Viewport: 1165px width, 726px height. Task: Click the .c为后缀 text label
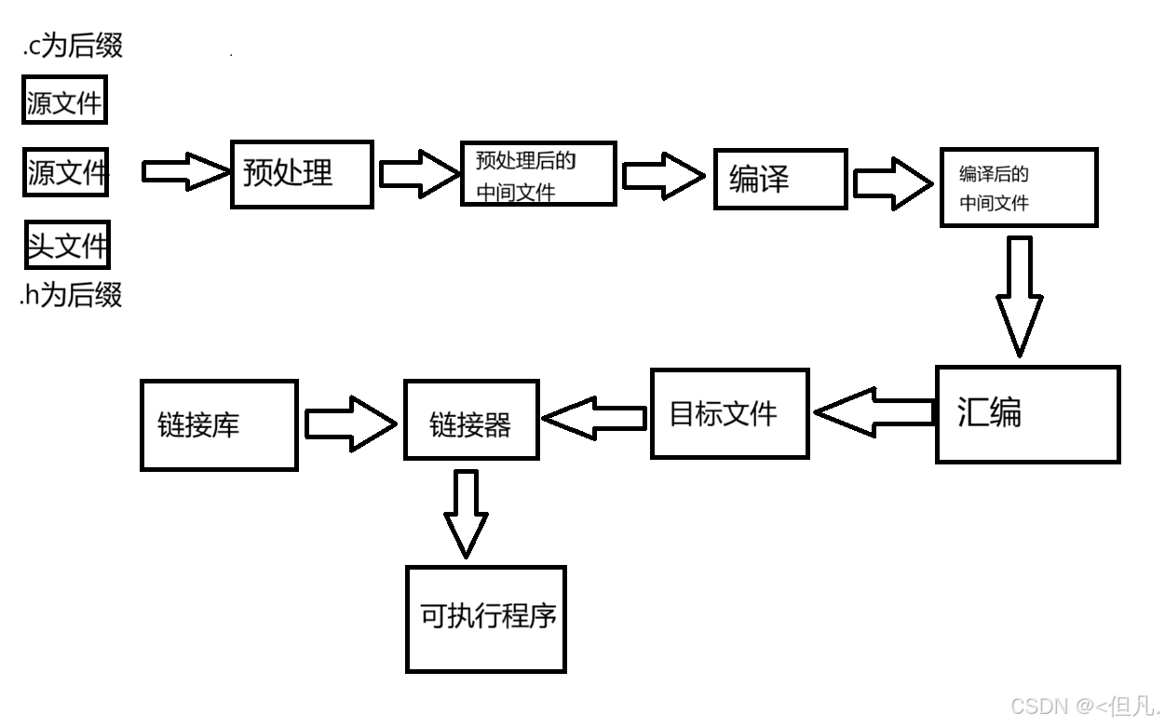[73, 46]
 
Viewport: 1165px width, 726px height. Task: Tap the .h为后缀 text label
[71, 296]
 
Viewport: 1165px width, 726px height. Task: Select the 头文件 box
[67, 246]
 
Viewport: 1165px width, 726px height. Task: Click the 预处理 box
[302, 174]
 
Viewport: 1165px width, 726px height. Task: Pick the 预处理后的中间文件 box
[538, 174]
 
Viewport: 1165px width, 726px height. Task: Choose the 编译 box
[780, 178]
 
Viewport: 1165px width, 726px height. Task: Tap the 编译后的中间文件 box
[1018, 187]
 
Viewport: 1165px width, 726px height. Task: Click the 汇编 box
[1026, 414]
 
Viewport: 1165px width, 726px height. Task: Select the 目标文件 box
[728, 413]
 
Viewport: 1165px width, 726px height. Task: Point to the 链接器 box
[470, 420]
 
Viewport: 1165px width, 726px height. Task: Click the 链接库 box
[219, 424]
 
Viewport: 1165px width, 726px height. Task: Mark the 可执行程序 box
[485, 618]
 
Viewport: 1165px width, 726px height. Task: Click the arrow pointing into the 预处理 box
[184, 171]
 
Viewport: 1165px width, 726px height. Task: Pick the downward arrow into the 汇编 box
[1019, 294]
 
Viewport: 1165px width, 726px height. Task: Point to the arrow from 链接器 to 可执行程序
[466, 513]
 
